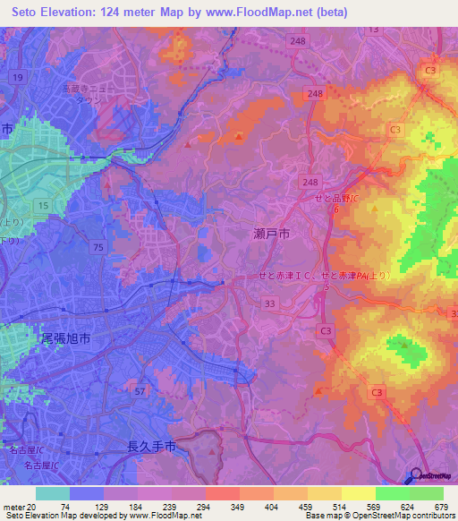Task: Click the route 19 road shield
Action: (x=17, y=78)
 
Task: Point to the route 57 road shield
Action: (x=139, y=391)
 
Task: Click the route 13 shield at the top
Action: (x=374, y=30)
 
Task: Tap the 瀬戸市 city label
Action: (x=272, y=234)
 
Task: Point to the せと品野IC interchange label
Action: (x=335, y=199)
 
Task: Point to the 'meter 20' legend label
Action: (x=17, y=506)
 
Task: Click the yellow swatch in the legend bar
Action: (x=358, y=493)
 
